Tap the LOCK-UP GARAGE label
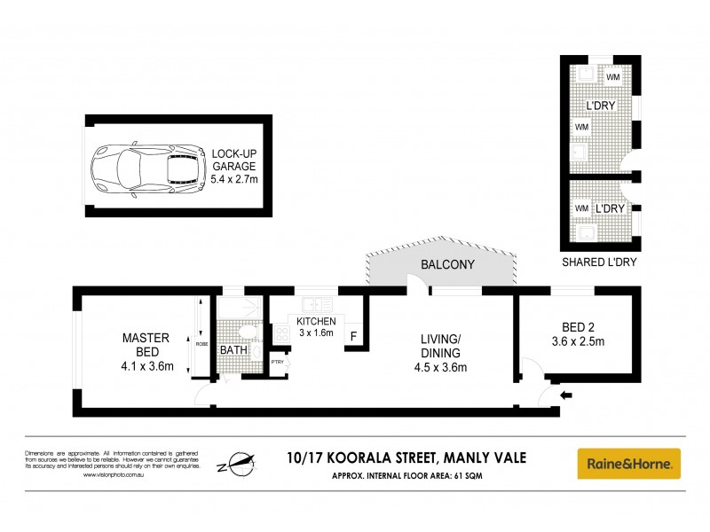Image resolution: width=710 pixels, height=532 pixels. [233, 160]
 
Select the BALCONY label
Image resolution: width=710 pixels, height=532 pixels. [447, 265]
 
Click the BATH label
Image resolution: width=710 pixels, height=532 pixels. [233, 350]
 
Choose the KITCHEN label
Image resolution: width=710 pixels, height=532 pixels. [317, 320]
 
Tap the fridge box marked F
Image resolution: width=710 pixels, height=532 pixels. [353, 337]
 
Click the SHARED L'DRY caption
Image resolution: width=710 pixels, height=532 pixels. [599, 262]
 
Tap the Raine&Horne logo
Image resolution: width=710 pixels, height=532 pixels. [629, 462]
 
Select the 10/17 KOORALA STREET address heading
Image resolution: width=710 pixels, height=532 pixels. [406, 458]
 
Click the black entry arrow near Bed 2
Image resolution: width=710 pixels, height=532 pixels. [566, 395]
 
